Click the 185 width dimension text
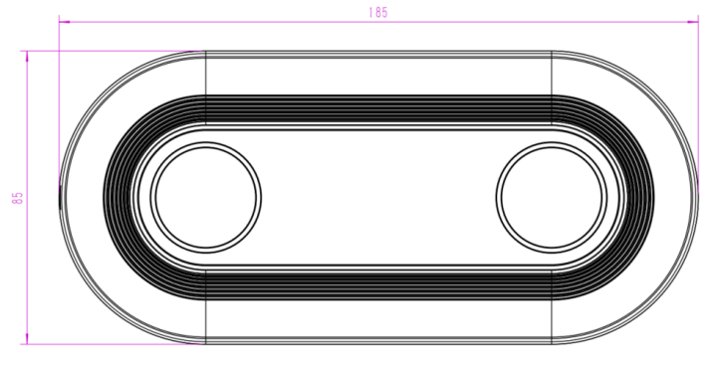click(x=378, y=12)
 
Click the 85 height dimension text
click(x=17, y=198)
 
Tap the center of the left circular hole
click(x=206, y=198)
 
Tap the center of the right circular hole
click(x=552, y=198)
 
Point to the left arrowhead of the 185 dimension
click(x=65, y=22)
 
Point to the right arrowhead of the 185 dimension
click(x=692, y=22)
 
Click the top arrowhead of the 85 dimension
click(x=27, y=56)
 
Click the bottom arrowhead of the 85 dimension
click(x=27, y=339)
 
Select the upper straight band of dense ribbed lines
click(x=378, y=109)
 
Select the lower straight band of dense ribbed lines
click(x=378, y=285)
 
